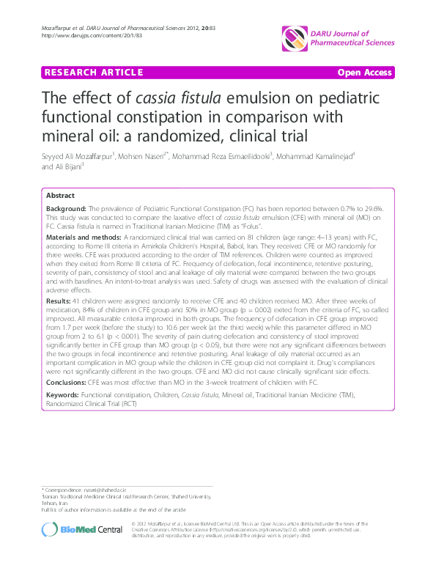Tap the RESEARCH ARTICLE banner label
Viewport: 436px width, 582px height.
pyautogui.click(x=93, y=73)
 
